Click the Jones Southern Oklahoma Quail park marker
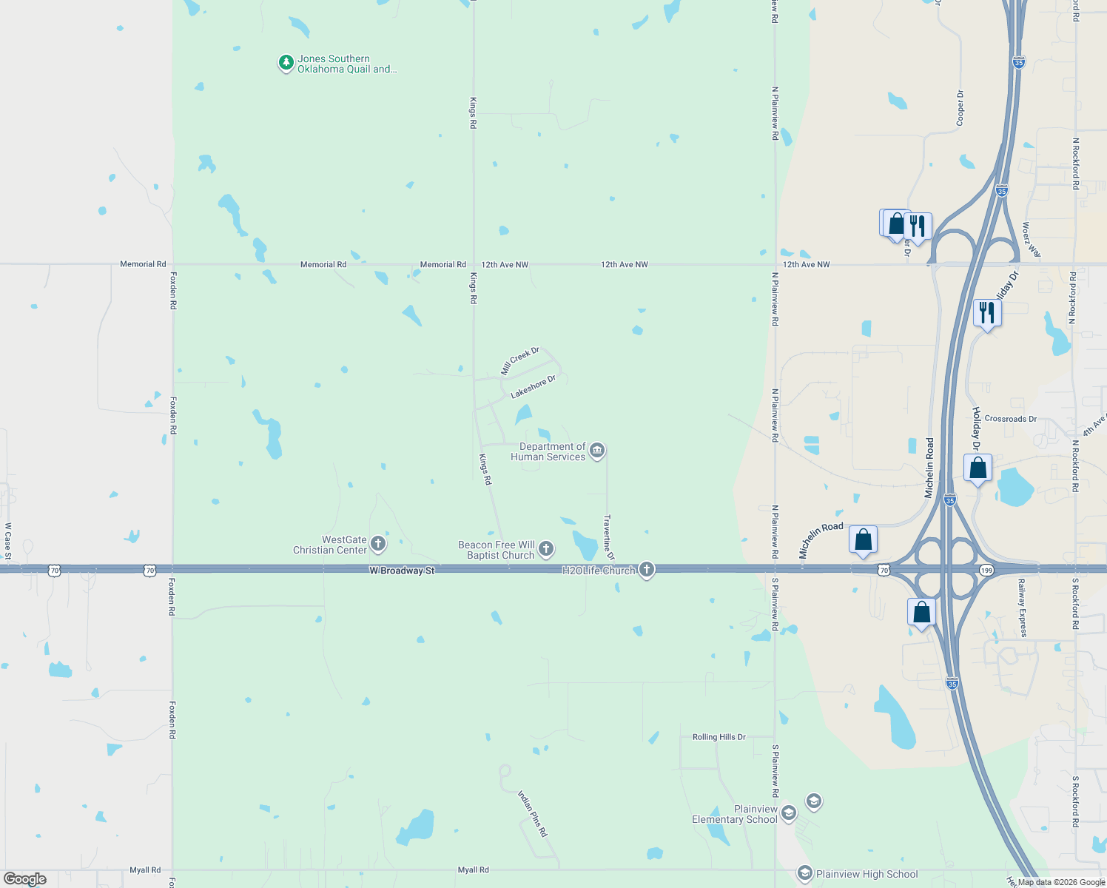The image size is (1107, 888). [286, 64]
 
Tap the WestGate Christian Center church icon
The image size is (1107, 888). [378, 545]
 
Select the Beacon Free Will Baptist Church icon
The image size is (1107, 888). [546, 548]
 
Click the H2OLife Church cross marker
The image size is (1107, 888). [647, 569]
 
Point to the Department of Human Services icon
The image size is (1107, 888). [598, 450]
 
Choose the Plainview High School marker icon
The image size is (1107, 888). [805, 874]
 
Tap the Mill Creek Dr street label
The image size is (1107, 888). [520, 360]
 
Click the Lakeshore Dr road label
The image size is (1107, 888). [533, 387]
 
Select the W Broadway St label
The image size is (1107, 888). [402, 571]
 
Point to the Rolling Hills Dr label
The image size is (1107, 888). [719, 737]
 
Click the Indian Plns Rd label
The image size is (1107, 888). [532, 813]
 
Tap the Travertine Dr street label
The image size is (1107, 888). [609, 537]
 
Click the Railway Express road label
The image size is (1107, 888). [1023, 608]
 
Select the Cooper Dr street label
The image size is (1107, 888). [960, 108]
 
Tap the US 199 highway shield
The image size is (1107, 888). [986, 571]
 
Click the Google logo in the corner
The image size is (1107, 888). [24, 879]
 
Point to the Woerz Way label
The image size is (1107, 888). [1032, 240]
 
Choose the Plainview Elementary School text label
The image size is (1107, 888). [735, 814]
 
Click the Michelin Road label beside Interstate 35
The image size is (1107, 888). [929, 467]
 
